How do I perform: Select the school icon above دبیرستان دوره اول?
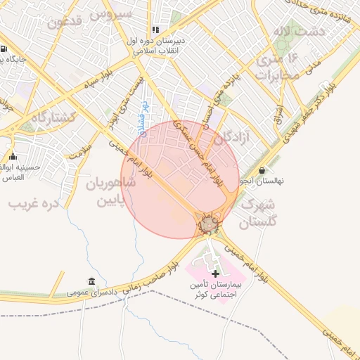[155, 30]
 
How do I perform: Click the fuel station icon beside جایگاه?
[4, 50]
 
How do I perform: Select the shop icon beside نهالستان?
[262, 170]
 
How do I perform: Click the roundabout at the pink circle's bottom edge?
[208, 225]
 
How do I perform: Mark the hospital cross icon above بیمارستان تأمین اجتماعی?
[215, 273]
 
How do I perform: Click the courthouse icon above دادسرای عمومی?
[91, 281]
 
